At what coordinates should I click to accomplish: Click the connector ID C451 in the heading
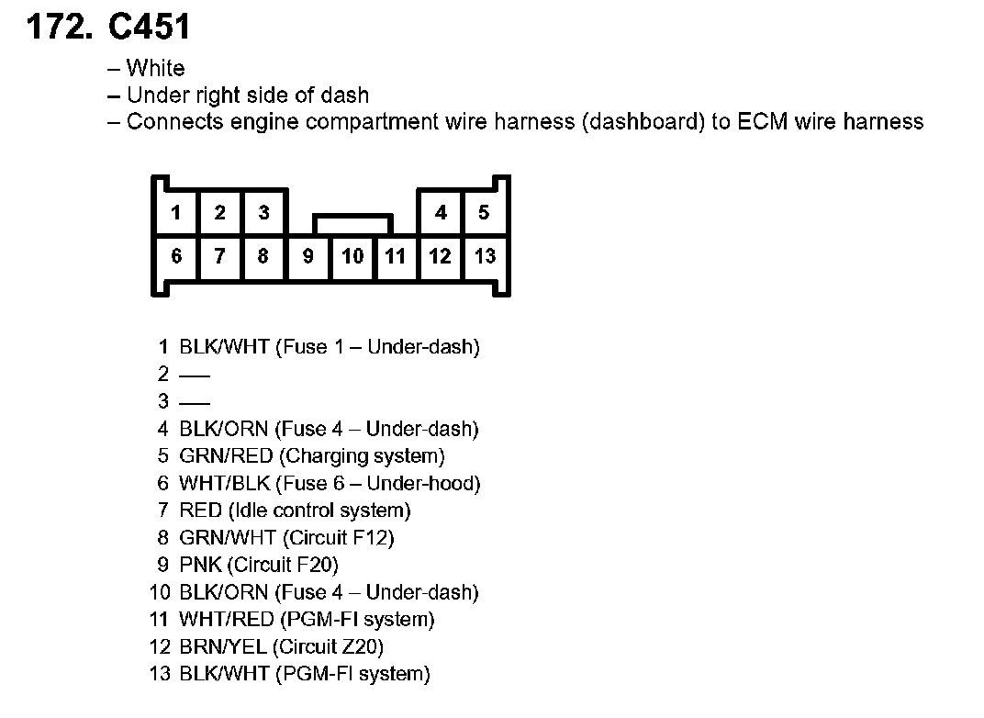pos(149,27)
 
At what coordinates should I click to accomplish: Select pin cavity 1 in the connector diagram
pos(176,213)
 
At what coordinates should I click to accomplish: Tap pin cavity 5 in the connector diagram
pos(484,213)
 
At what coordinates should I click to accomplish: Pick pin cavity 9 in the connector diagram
pos(308,256)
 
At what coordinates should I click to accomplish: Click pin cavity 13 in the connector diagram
pos(485,256)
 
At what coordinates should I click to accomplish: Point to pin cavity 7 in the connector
pos(219,256)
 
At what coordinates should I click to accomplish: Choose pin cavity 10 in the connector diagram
pos(352,256)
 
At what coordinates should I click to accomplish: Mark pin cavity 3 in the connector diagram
pos(263,213)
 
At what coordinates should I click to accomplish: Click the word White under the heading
pos(155,68)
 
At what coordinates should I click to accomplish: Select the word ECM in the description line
pos(762,121)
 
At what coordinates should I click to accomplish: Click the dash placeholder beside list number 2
pos(195,375)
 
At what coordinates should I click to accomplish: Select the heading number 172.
pos(60,27)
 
